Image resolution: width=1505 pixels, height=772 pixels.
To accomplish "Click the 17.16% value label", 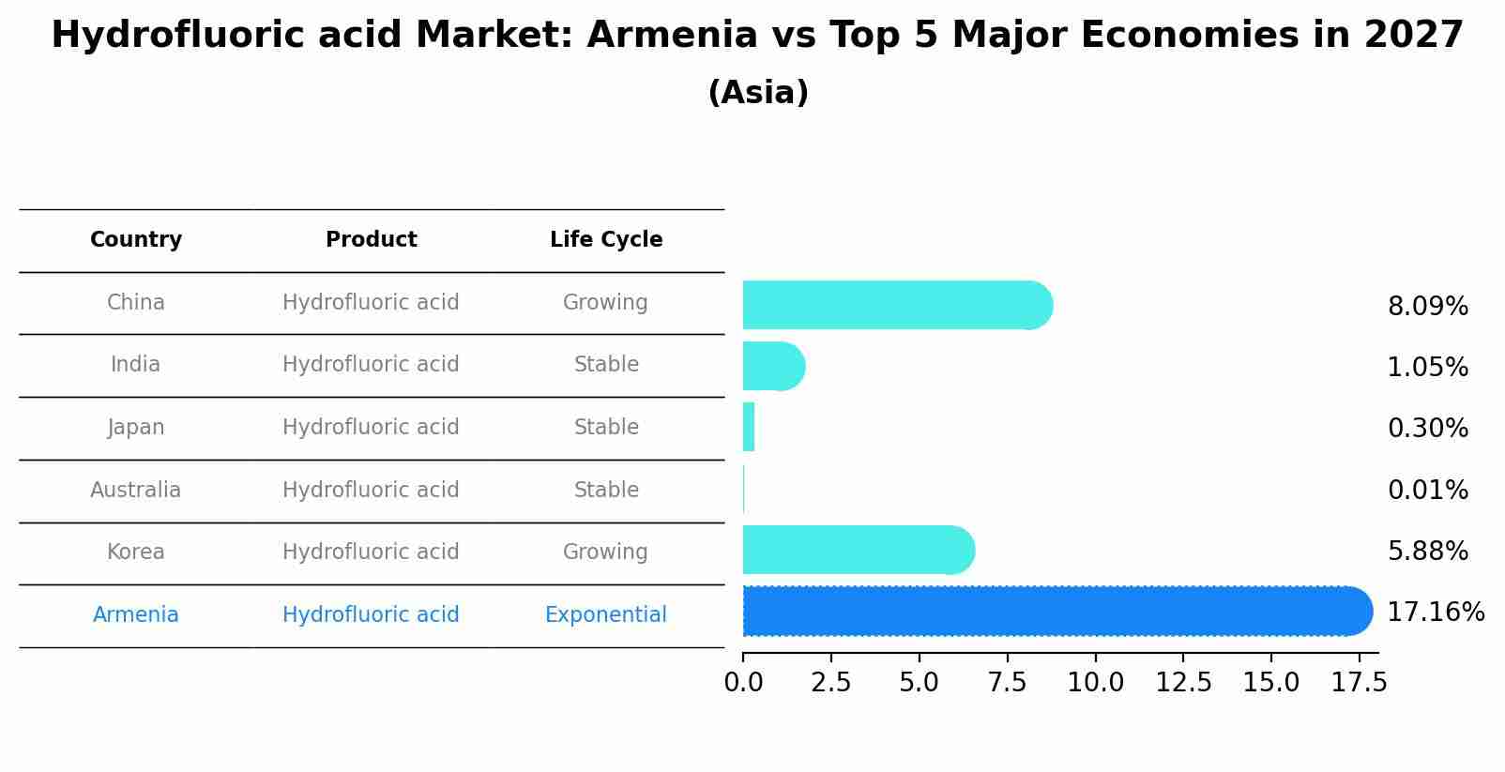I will point(1435,613).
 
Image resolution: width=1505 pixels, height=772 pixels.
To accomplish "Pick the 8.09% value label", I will point(1427,307).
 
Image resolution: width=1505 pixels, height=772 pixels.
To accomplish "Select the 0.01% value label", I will point(1427,490).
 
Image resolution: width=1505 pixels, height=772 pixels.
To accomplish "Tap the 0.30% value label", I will point(1427,429).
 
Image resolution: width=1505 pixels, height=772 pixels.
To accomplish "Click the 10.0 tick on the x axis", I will point(1095,683).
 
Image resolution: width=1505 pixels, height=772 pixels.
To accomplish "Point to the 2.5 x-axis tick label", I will point(830,683).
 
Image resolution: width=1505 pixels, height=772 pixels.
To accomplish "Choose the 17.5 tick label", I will point(1359,683).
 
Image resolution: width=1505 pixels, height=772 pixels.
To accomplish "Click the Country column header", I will point(136,240).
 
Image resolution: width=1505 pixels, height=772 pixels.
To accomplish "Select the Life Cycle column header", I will point(606,240).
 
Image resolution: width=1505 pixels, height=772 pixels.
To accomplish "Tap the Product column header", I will point(371,240).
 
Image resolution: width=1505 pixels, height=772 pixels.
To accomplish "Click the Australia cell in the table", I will point(136,490).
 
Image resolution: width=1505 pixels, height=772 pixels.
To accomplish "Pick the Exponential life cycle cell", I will point(605,614).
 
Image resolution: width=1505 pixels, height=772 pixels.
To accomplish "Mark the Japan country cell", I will point(136,428).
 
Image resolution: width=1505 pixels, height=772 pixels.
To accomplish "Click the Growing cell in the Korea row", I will point(605,552).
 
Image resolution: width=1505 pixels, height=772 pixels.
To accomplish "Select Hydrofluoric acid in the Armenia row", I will point(371,614).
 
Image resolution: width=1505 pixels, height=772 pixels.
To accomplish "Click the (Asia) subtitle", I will point(758,93).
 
